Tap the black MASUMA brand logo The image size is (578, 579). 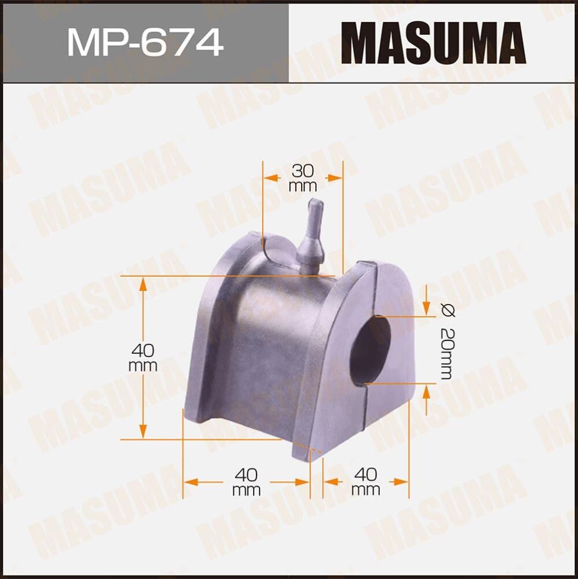tap(433, 42)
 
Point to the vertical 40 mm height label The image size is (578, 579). tap(144, 358)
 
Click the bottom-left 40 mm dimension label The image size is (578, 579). tap(247, 482)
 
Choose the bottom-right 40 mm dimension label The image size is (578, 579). tap(366, 482)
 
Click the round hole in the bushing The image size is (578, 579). tap(371, 350)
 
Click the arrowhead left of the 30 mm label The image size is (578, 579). tap(270, 178)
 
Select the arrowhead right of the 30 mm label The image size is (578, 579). tap(334, 178)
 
